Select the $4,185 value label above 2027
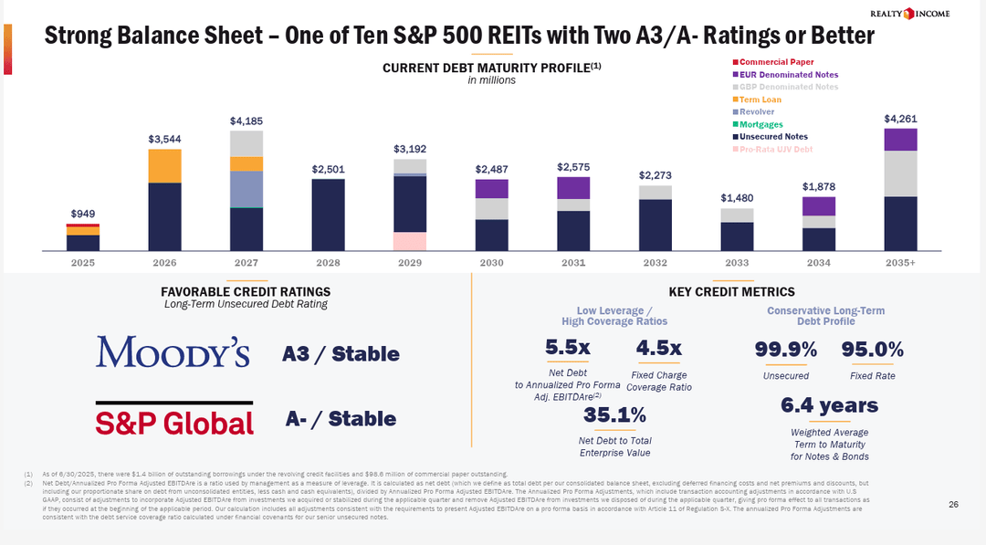click(x=246, y=121)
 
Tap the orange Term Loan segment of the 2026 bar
click(x=164, y=166)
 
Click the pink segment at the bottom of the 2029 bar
click(x=410, y=241)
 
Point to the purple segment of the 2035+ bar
click(x=900, y=140)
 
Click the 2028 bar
click(x=328, y=215)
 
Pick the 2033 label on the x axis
click(x=737, y=262)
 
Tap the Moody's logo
click(x=173, y=351)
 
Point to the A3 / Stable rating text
click(x=341, y=353)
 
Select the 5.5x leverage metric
click(x=567, y=348)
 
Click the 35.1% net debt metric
click(x=614, y=415)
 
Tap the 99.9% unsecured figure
click(x=785, y=350)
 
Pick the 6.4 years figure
click(x=829, y=405)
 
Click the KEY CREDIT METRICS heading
click(x=731, y=292)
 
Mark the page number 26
click(x=953, y=505)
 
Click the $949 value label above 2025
click(x=83, y=214)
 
